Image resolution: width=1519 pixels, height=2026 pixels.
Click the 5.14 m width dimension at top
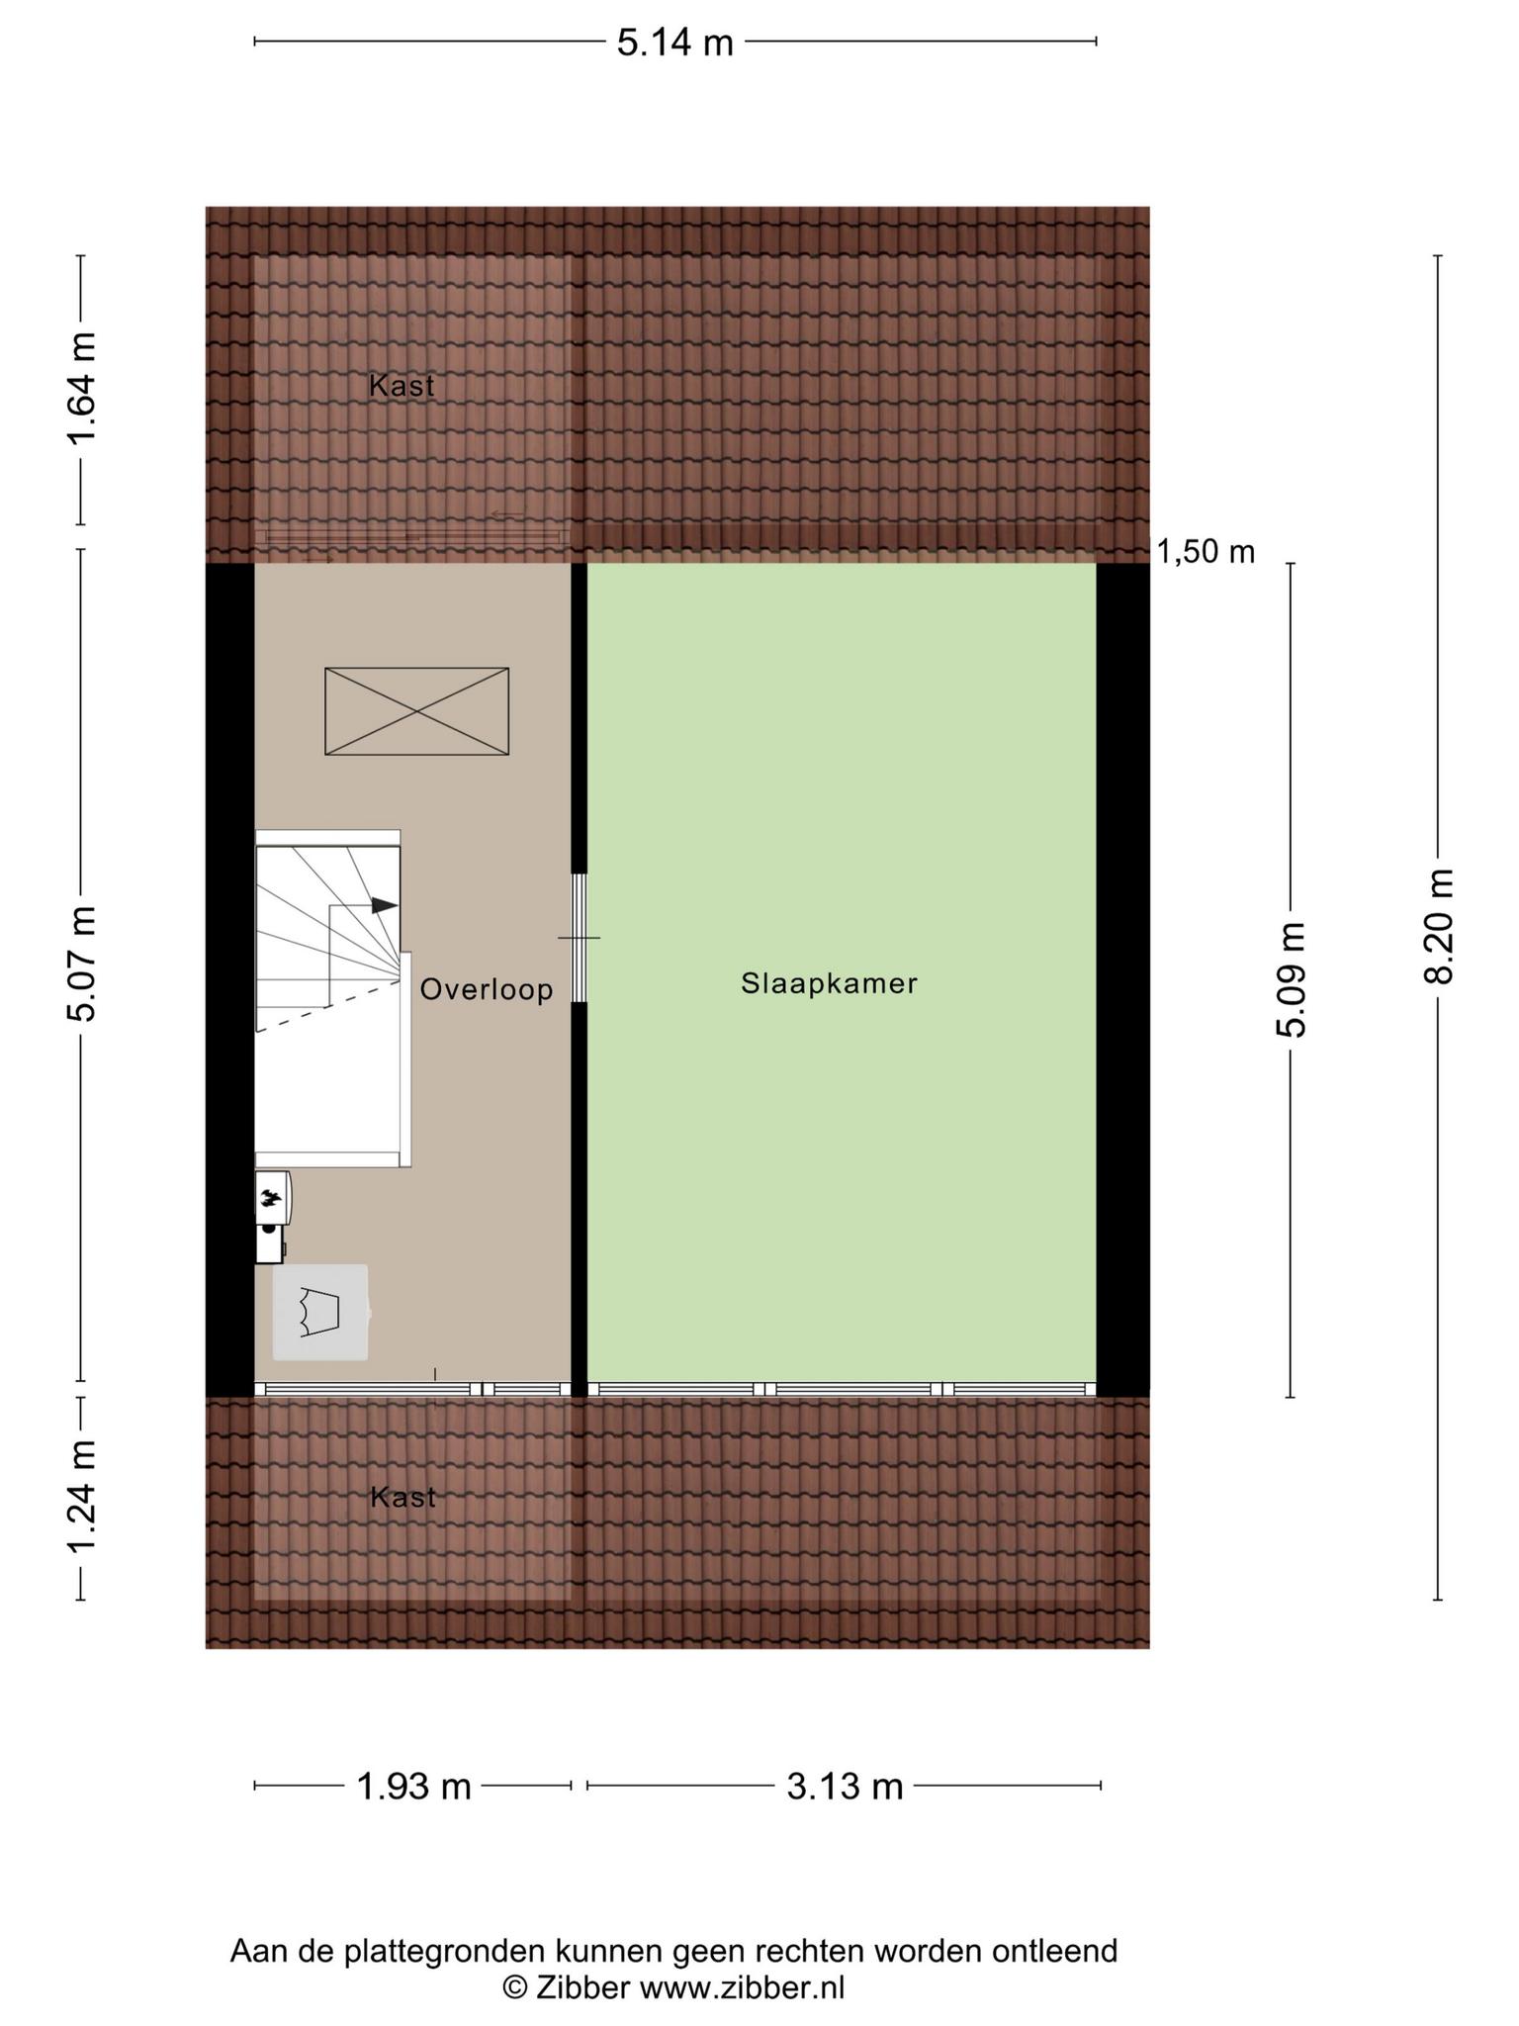(x=675, y=43)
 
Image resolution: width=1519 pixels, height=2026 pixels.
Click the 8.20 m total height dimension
(x=1438, y=926)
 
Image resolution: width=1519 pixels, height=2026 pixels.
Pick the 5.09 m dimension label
(x=1291, y=979)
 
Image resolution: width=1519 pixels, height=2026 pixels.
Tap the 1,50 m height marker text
(x=1206, y=551)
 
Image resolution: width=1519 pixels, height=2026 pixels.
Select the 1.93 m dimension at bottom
(x=413, y=1787)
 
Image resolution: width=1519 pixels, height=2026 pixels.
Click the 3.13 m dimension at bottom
(x=846, y=1787)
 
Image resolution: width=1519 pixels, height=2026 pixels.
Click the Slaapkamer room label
(x=830, y=983)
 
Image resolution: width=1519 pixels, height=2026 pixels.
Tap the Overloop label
(x=487, y=989)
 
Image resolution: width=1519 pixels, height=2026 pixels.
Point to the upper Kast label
(x=402, y=386)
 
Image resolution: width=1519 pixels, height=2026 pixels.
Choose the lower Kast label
(x=402, y=1498)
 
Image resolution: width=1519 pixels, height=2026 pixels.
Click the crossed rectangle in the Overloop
(x=417, y=711)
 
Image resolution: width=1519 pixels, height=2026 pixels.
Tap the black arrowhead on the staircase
(x=385, y=905)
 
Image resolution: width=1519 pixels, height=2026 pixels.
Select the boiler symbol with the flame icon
(x=273, y=1217)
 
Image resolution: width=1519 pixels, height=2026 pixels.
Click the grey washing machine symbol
(x=320, y=1312)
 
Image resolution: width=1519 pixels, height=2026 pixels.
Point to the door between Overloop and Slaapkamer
(x=580, y=938)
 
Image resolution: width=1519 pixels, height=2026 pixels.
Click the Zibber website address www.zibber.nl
(x=743, y=1987)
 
